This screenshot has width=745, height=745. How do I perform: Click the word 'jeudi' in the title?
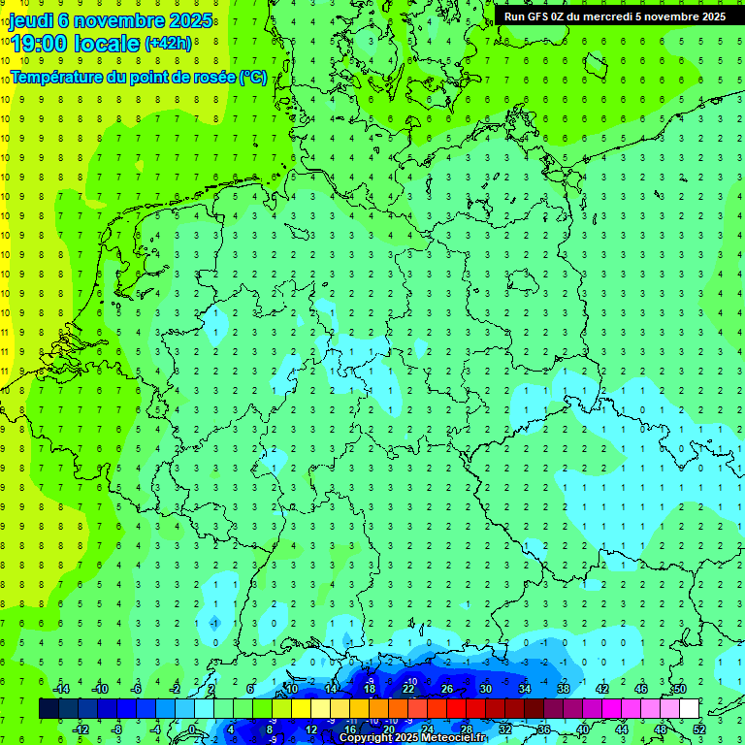(31, 20)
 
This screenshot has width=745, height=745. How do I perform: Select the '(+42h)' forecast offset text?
(168, 44)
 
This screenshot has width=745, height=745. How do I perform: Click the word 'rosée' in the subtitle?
(212, 77)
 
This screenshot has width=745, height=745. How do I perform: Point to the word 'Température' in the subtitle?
(58, 77)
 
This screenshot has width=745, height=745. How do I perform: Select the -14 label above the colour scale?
(60, 689)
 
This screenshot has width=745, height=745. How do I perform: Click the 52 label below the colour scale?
(699, 729)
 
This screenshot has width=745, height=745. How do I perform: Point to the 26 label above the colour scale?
(447, 689)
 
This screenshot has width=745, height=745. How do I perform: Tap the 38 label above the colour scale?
(564, 689)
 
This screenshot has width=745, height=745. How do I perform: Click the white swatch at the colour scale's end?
(689, 708)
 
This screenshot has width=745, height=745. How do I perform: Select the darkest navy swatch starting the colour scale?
(49, 708)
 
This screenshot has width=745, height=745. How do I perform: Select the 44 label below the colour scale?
(622, 729)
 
